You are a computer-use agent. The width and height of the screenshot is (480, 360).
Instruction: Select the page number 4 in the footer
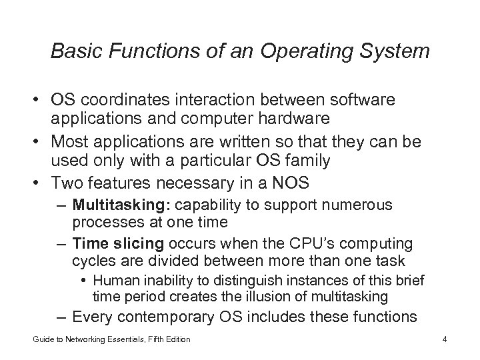(x=443, y=339)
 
